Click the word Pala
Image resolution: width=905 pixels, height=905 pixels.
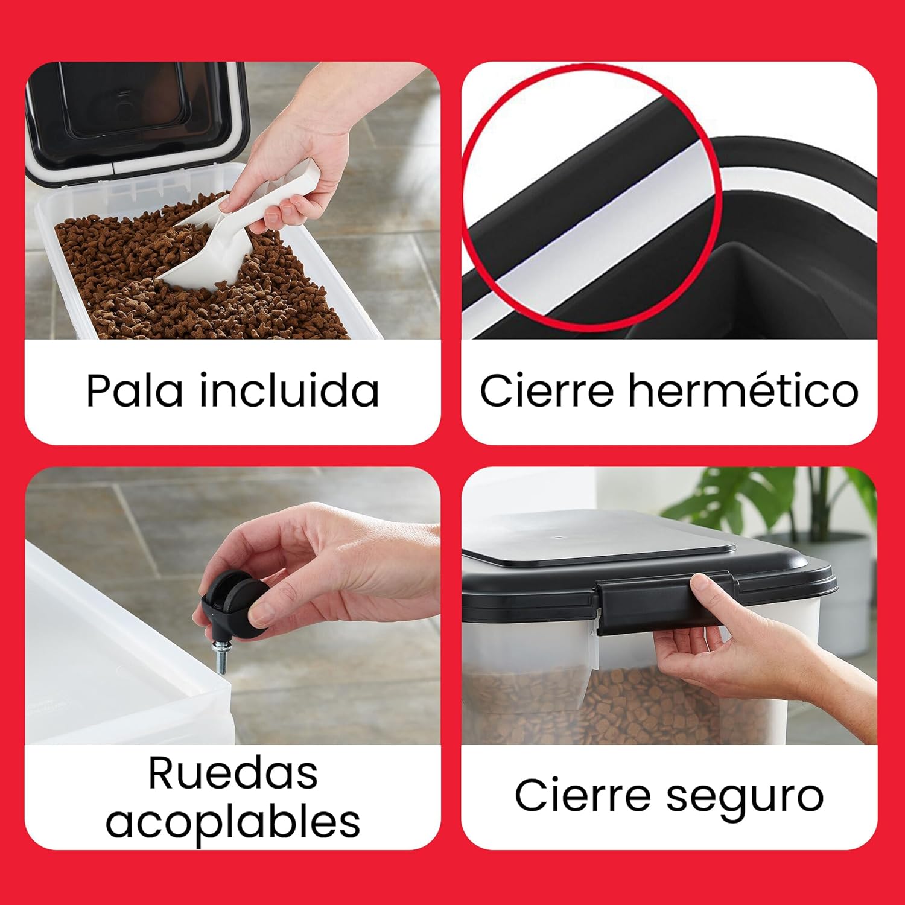click(x=134, y=390)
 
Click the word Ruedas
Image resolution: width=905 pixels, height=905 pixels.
click(x=233, y=773)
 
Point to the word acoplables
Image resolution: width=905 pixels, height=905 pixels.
click(x=233, y=822)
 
